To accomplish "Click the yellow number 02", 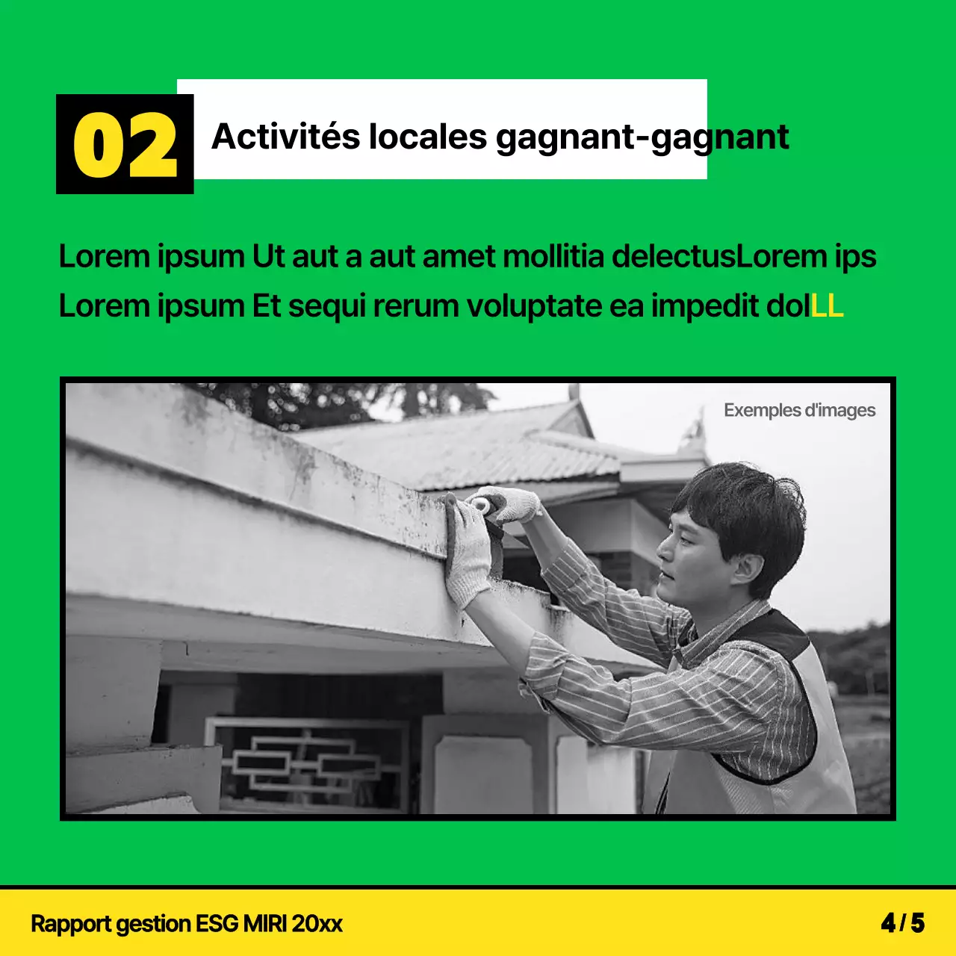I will pos(125,145).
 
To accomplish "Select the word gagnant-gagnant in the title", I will pos(642,138).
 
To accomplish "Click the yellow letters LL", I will pos(827,306).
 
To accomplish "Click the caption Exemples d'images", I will pos(799,410).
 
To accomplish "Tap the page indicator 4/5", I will pos(902,923).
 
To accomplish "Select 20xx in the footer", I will pos(317,924).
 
